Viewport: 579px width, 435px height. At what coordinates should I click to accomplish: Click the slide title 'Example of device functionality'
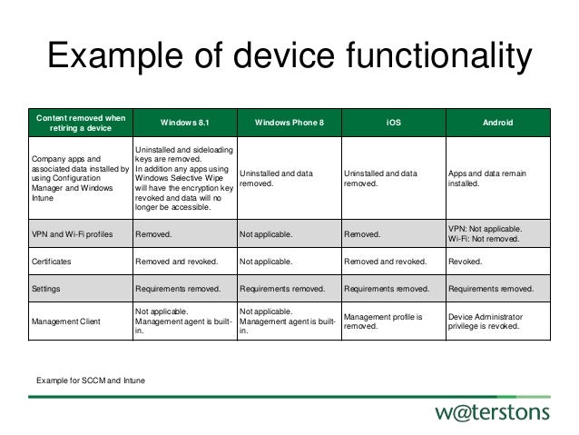[x=289, y=56]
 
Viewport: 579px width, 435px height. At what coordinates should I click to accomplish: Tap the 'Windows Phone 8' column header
[x=289, y=123]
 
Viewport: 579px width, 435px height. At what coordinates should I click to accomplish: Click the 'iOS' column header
[x=392, y=123]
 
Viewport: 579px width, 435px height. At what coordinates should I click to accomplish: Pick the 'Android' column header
[x=496, y=123]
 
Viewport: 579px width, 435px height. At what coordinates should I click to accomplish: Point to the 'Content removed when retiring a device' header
[x=80, y=123]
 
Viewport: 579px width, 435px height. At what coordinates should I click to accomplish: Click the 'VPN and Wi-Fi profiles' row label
[x=74, y=233]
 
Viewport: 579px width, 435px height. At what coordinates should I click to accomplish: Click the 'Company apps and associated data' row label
[x=80, y=176]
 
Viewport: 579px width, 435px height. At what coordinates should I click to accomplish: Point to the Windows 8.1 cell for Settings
[x=178, y=289]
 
